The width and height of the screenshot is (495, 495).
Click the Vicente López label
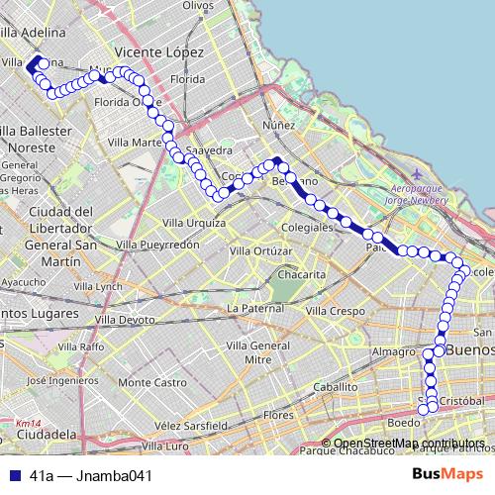[x=159, y=51]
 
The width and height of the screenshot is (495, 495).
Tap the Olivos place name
[x=199, y=6]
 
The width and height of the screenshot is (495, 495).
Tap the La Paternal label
[x=255, y=309]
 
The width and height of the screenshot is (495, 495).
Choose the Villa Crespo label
[x=335, y=311]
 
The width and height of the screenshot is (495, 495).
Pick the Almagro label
[x=393, y=351]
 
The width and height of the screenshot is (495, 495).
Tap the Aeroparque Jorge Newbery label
[x=420, y=194]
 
